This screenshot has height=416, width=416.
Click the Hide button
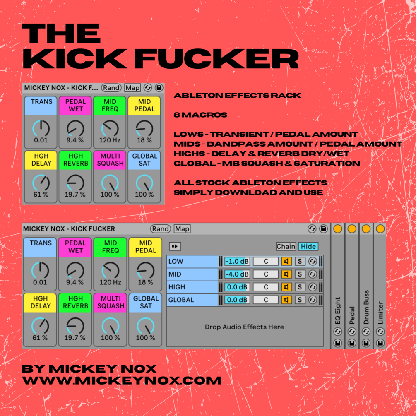[308, 246]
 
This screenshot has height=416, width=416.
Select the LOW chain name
[176, 261]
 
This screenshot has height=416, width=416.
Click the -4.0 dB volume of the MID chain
[237, 274]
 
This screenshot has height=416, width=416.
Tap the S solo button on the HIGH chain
[300, 287]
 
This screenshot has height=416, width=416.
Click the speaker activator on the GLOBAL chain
[286, 300]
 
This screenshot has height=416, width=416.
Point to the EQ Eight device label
[337, 311]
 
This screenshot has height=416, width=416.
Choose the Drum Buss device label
[366, 307]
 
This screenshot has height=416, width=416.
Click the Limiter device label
[380, 313]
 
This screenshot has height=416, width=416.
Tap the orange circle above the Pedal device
[352, 228]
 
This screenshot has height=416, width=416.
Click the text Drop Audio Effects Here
[244, 327]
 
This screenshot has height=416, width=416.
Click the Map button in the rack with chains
[182, 228]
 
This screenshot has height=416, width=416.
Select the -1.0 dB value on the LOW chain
[237, 261]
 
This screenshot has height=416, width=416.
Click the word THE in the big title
[61, 34]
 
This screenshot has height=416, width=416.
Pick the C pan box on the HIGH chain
[266, 287]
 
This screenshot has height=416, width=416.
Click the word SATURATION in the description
[327, 164]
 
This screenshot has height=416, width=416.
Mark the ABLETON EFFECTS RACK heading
[238, 96]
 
